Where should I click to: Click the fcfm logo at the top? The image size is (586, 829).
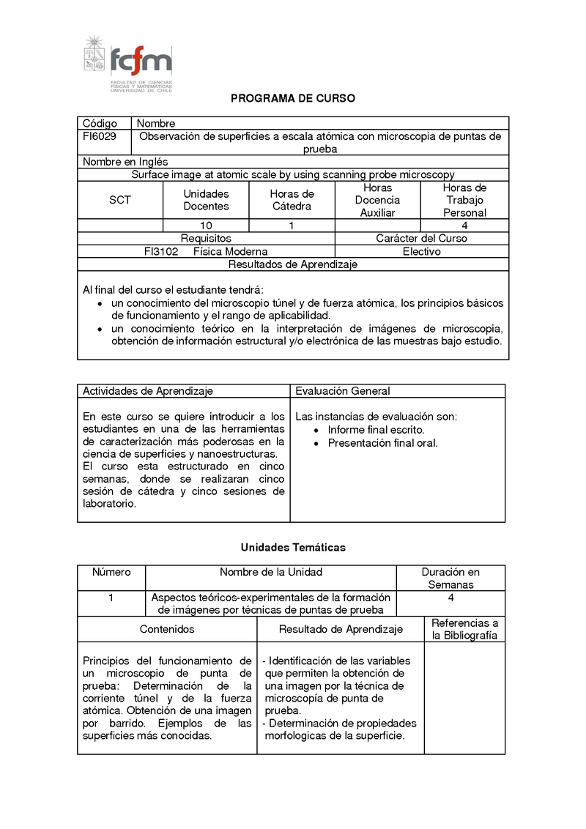[128, 63]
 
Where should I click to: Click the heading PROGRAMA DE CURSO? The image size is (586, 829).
[293, 98]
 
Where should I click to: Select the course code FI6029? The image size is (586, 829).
[100, 136]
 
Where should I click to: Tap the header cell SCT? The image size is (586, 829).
[120, 200]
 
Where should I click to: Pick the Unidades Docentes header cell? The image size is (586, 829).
[206, 200]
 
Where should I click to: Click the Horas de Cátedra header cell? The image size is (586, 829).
[292, 200]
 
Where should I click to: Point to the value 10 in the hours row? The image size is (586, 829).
[206, 226]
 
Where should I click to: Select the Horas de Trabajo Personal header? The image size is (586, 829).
[464, 200]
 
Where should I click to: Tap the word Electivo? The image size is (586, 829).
[421, 251]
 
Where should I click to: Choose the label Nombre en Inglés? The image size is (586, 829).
[125, 162]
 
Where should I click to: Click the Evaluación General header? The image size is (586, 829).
[343, 391]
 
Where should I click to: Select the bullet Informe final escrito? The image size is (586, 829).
[376, 430]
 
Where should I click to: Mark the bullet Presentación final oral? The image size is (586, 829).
[382, 443]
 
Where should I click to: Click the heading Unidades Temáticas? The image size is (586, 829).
[293, 547]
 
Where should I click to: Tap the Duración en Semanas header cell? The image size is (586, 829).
[450, 578]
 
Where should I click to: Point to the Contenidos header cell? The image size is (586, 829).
[167, 629]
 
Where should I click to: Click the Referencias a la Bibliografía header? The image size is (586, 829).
[464, 629]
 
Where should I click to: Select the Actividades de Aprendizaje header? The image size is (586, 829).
[148, 391]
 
